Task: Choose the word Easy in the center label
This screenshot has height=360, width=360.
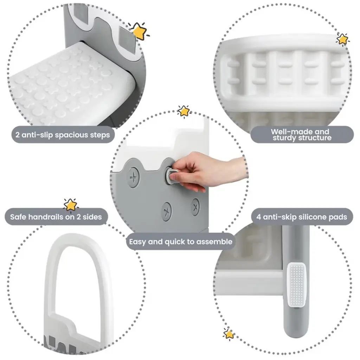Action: coord(137,242)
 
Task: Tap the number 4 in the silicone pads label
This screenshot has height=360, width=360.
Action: coord(258,217)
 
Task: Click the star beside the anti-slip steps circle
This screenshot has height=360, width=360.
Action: coord(139,31)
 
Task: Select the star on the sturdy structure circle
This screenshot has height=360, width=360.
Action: coord(342,39)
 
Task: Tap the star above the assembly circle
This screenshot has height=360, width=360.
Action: coord(184,111)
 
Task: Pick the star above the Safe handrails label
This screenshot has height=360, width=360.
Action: coord(70,205)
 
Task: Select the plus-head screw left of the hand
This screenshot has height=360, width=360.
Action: coord(133,177)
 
